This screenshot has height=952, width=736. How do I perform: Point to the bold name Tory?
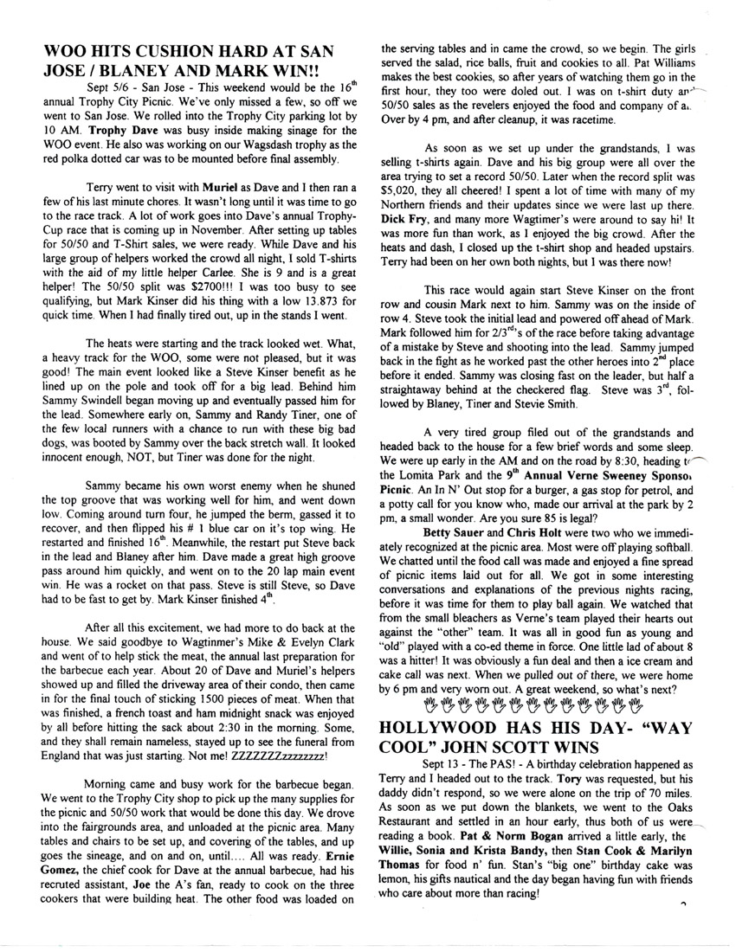566,776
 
